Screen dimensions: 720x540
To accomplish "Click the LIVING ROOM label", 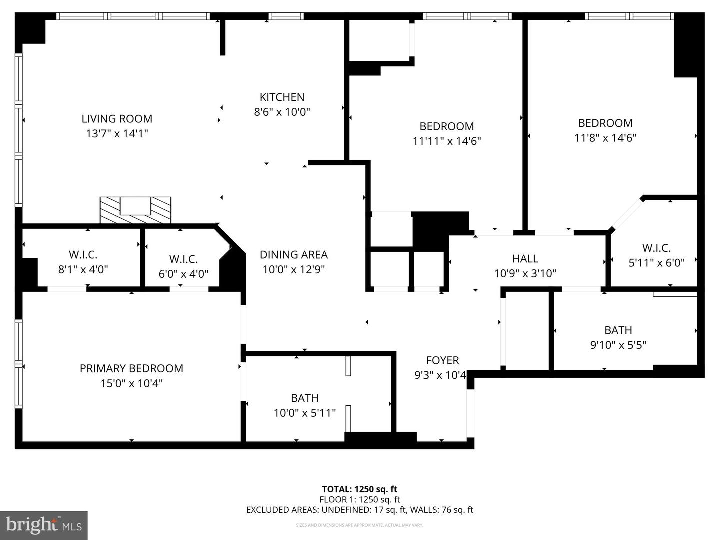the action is click(x=117, y=118).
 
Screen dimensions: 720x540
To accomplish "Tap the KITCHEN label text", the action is click(x=282, y=97).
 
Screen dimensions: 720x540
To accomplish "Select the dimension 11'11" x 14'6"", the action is click(x=447, y=141).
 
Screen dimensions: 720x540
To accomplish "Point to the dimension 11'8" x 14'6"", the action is click(x=605, y=138).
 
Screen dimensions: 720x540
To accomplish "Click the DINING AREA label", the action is click(x=294, y=255).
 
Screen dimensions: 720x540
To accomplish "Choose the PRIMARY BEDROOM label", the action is click(x=131, y=368).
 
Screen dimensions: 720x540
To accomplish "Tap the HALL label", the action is click(x=525, y=259).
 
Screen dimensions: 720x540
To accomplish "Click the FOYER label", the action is click(x=442, y=360).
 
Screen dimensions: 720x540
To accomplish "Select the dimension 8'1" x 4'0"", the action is click(x=83, y=270).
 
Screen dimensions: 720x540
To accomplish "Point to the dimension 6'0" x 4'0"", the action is click(x=183, y=274).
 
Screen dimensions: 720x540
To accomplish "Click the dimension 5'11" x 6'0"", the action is click(x=656, y=263).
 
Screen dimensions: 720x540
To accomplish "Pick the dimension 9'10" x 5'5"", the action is click(x=618, y=345).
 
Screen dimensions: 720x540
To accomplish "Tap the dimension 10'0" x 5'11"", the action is click(x=305, y=413).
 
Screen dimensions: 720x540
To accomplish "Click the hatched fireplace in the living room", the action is click(x=135, y=210).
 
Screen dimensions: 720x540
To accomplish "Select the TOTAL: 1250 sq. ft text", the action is click(x=360, y=489).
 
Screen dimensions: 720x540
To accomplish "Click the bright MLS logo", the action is click(x=44, y=525).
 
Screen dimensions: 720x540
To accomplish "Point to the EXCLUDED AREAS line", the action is click(x=360, y=510).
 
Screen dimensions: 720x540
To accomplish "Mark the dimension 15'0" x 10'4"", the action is click(x=131, y=383).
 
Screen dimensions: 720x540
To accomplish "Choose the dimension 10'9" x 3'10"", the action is click(x=525, y=273).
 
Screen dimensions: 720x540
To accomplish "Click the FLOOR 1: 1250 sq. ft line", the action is click(x=360, y=499).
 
